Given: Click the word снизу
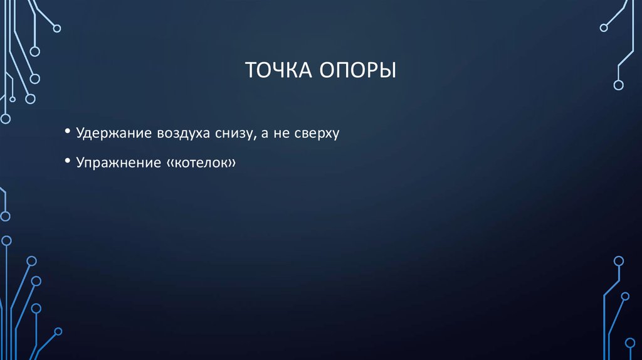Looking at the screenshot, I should pos(230,134).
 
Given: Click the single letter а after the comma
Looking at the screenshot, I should pos(263,134).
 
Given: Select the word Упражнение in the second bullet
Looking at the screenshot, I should pos(117,162).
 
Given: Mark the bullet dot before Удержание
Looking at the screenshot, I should pos(67,132).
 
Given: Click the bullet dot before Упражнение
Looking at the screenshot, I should pos(67,161).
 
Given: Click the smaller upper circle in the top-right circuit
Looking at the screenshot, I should pos(604,28).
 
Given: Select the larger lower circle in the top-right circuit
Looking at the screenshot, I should pos(618,85).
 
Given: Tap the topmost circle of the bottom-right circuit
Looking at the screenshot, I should pos(619,261).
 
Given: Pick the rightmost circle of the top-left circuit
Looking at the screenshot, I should pos(57,28).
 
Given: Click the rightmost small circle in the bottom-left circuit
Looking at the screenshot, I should pos(58,331).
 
